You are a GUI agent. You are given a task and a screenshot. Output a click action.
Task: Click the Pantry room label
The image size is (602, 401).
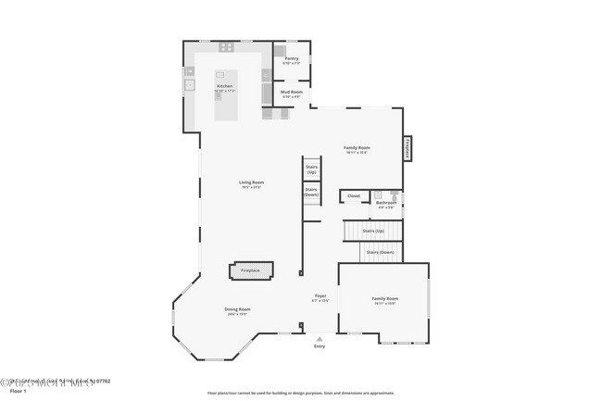point(291,60)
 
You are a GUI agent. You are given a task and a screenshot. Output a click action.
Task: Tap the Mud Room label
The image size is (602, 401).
point(292,94)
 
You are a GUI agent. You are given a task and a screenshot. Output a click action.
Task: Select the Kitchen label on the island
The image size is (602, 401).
point(225,87)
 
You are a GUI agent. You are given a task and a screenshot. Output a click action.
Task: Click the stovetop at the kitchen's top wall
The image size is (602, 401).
point(225,47)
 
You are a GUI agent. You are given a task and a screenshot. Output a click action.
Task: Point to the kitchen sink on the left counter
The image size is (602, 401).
point(189,84)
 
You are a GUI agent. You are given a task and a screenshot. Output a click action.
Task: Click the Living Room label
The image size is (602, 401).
point(251,183)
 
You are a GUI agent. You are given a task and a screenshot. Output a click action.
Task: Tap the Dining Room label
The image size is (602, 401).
point(238,310)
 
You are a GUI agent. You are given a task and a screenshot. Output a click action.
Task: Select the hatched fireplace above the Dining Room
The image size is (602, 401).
point(251,270)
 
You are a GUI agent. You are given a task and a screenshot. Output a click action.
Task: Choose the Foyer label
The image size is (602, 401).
point(320,297)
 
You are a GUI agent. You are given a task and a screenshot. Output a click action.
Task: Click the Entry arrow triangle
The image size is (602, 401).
point(320,338)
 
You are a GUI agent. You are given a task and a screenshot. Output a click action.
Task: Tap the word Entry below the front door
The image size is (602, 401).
point(320,346)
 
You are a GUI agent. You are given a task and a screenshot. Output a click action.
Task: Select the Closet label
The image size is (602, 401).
point(354,195)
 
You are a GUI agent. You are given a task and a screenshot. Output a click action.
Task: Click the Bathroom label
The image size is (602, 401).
point(385,203)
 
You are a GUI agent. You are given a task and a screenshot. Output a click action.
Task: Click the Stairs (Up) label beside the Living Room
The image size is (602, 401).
point(311,169)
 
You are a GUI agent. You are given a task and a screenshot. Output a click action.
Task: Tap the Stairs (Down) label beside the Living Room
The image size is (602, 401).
point(311,193)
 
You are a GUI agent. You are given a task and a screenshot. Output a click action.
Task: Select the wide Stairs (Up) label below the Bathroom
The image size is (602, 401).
point(373,230)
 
